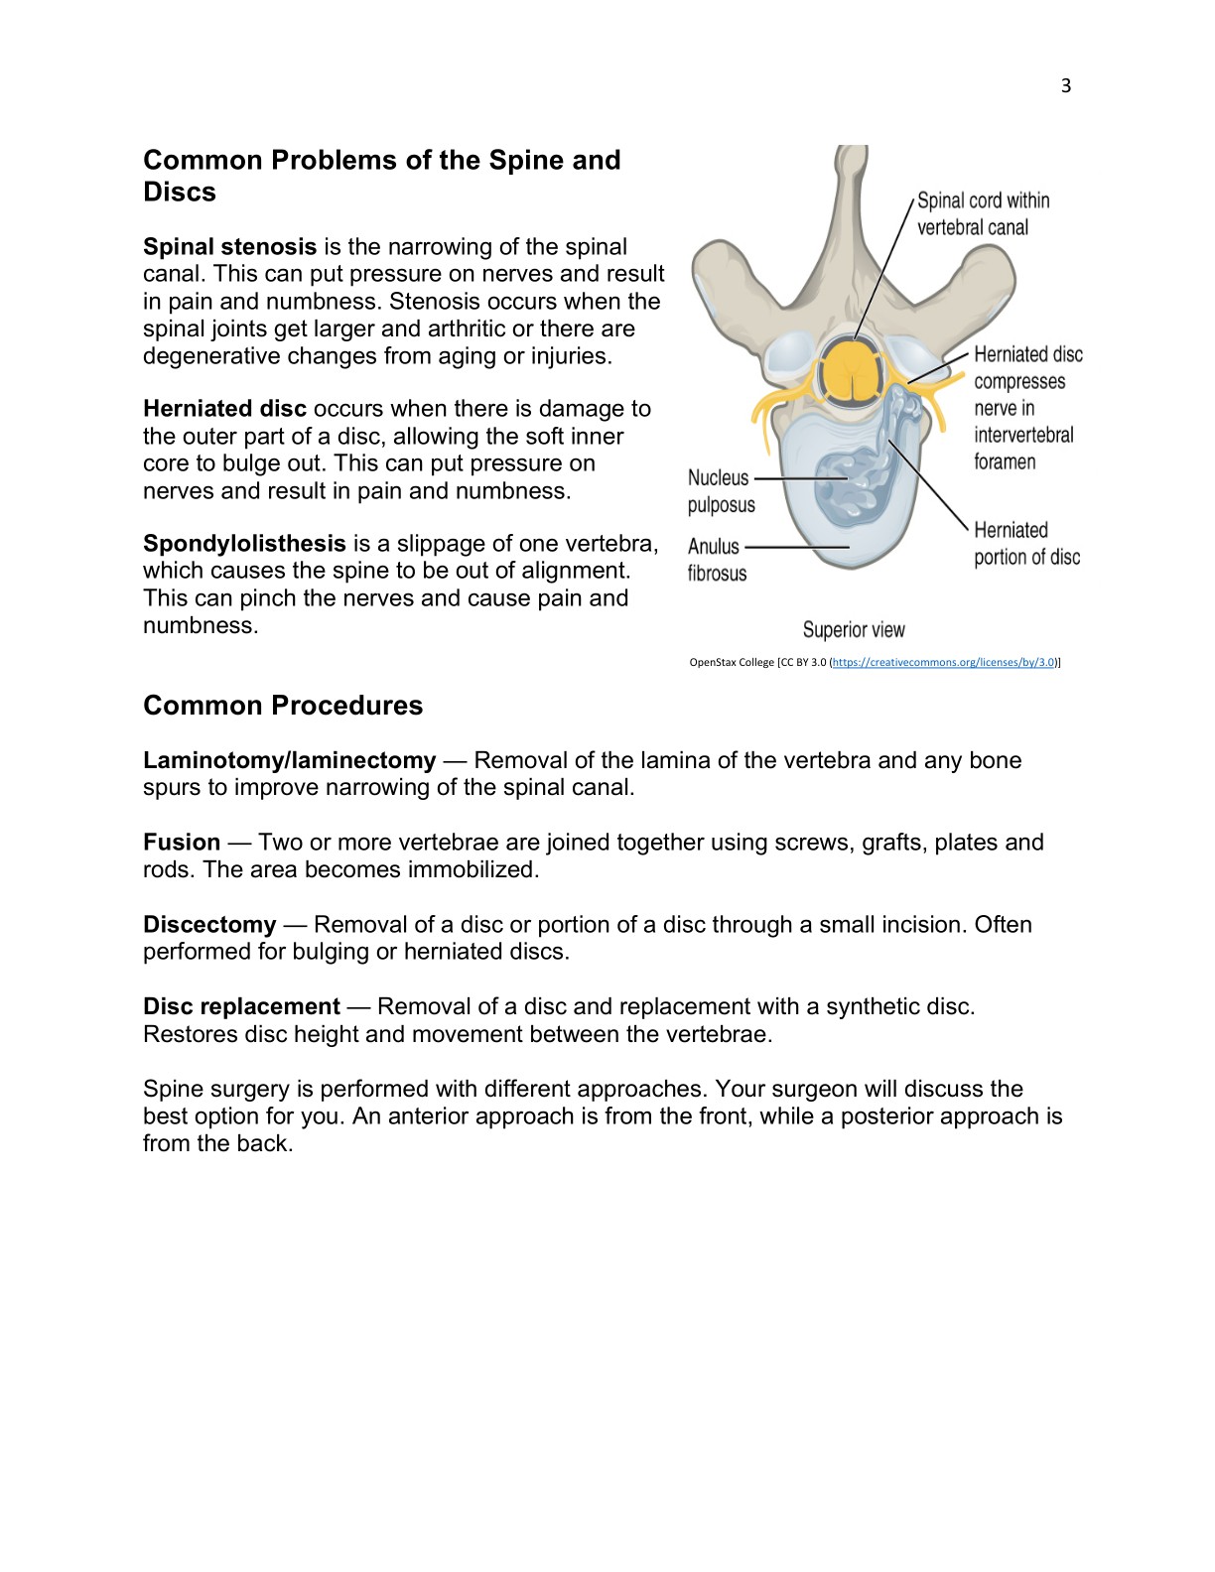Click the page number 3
click(1066, 86)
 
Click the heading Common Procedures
click(283, 706)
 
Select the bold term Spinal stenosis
click(229, 246)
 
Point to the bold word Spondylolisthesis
click(244, 544)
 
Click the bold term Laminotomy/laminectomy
click(289, 760)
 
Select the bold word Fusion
click(182, 843)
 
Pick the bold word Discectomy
click(209, 925)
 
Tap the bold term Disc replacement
click(241, 1006)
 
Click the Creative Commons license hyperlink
click(944, 662)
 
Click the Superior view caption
click(854, 630)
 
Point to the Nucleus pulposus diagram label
click(721, 491)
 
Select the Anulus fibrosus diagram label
click(716, 560)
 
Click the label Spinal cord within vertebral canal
click(982, 213)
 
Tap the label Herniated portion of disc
click(1025, 544)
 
